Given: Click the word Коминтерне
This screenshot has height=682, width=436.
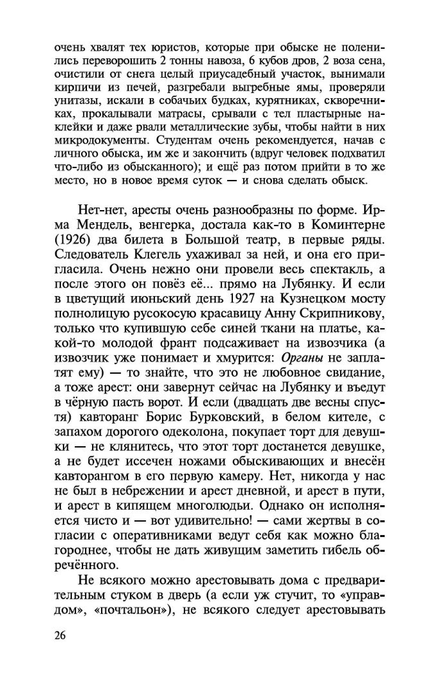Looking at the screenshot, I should click(x=348, y=225).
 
